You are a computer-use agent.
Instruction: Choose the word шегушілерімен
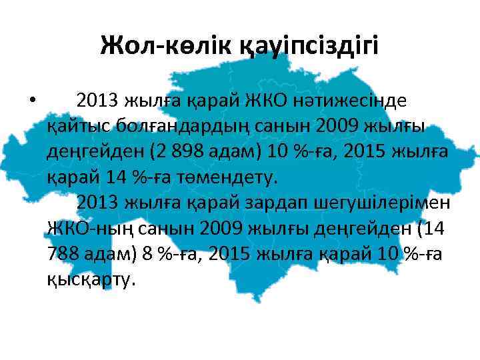coord(377,202)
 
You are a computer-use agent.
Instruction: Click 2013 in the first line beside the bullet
coord(98,101)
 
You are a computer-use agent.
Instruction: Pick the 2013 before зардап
coord(98,202)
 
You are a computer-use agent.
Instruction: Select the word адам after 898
coord(233,153)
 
